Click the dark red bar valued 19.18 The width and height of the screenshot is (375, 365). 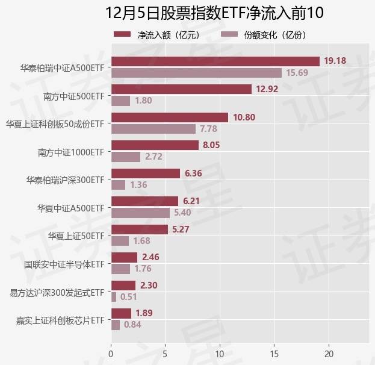point(215,61)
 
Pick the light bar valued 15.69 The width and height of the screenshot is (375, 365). point(196,73)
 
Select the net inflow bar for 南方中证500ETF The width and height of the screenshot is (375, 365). point(181,89)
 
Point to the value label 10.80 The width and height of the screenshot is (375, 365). point(244,117)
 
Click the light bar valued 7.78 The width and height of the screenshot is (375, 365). point(153,129)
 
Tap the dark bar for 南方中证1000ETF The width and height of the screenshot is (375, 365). point(155,145)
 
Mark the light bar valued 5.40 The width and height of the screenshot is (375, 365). point(140,213)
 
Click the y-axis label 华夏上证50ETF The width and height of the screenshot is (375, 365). point(76,236)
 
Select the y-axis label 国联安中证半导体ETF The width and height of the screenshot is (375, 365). point(64,264)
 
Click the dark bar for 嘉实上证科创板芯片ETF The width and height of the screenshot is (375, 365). point(121,313)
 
